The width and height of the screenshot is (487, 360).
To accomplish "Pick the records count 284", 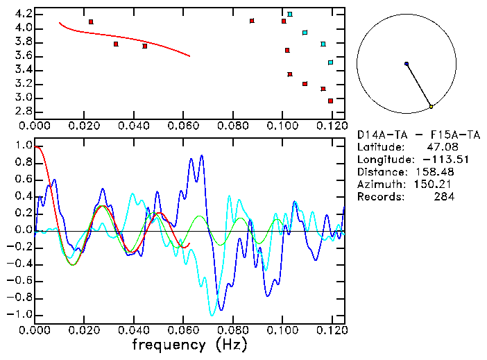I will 444,197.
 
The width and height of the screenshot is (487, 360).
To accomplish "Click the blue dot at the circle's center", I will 407,64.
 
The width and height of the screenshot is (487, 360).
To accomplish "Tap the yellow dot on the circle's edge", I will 431,107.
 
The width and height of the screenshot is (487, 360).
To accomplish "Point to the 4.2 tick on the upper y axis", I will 22,14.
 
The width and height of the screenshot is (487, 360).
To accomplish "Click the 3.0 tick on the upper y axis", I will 22,98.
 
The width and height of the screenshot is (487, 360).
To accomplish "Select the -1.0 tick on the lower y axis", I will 21,314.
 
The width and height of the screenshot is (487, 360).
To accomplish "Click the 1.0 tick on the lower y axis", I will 23,146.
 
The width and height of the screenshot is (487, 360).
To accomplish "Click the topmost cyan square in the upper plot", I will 290,14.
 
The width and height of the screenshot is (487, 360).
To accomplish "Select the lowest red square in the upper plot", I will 330,101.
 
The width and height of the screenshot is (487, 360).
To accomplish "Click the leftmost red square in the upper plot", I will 91,22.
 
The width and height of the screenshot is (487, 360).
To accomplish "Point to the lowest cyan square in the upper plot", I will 330,62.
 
